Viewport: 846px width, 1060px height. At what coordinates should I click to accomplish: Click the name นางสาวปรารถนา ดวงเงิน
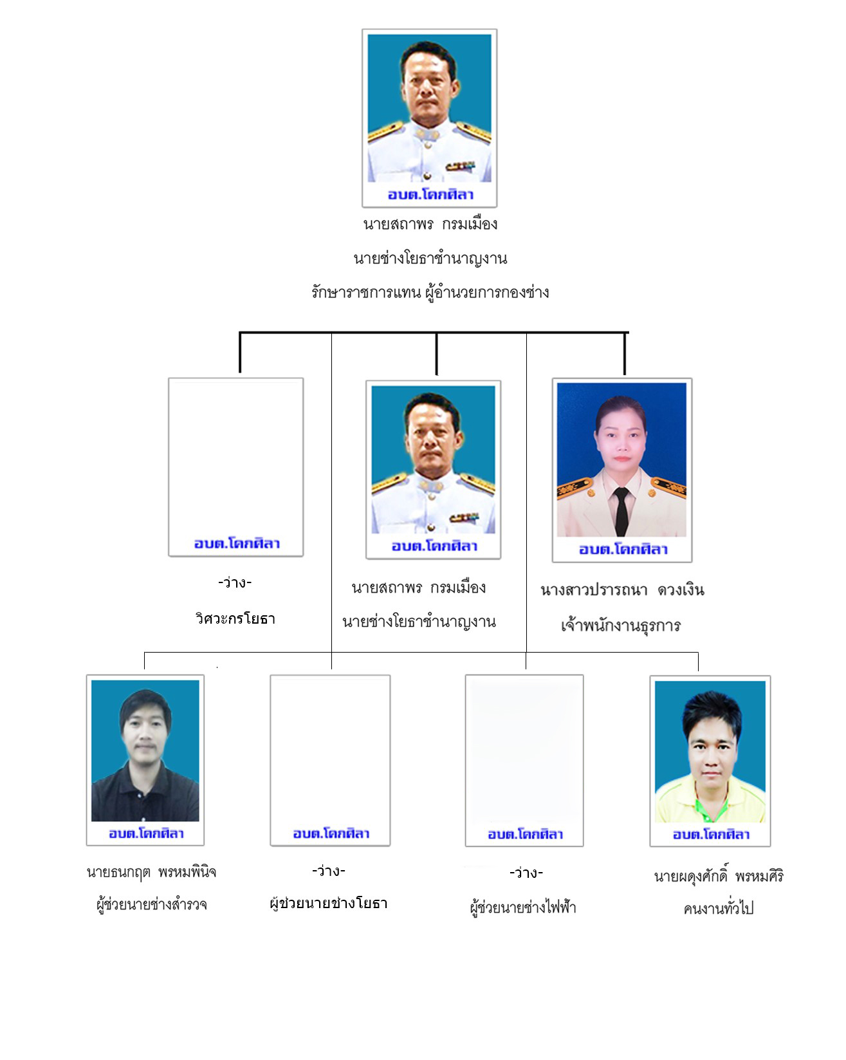point(622,590)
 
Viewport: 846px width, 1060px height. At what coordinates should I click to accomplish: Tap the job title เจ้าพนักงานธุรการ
point(621,625)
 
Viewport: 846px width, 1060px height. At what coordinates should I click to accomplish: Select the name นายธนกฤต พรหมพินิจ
point(151,873)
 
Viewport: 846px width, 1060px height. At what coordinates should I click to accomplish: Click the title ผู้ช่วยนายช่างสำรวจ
point(152,905)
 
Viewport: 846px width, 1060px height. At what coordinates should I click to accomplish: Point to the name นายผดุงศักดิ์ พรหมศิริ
point(719,876)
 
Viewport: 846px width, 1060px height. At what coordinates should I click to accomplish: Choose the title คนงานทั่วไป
point(718,909)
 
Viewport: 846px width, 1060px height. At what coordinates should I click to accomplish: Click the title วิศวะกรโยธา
point(235,619)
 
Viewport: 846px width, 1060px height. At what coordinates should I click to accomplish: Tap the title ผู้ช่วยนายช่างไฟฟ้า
point(523,907)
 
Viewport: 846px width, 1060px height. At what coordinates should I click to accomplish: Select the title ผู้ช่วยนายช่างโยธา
point(329,904)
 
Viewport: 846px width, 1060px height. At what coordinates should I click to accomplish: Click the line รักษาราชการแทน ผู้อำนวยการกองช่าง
point(430,292)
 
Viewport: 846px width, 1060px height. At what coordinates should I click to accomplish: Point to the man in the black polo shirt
point(145,756)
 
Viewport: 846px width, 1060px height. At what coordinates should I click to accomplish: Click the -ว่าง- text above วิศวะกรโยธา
point(235,583)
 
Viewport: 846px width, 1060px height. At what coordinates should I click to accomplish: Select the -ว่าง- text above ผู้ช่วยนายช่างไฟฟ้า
point(526,873)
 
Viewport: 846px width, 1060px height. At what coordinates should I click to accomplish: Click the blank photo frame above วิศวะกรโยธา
point(235,467)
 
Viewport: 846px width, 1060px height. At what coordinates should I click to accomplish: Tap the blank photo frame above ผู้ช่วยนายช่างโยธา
point(330,760)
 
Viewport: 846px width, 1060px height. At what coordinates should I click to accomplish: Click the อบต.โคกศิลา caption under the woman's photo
point(623,550)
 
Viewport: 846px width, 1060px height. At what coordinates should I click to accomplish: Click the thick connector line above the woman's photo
point(625,353)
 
